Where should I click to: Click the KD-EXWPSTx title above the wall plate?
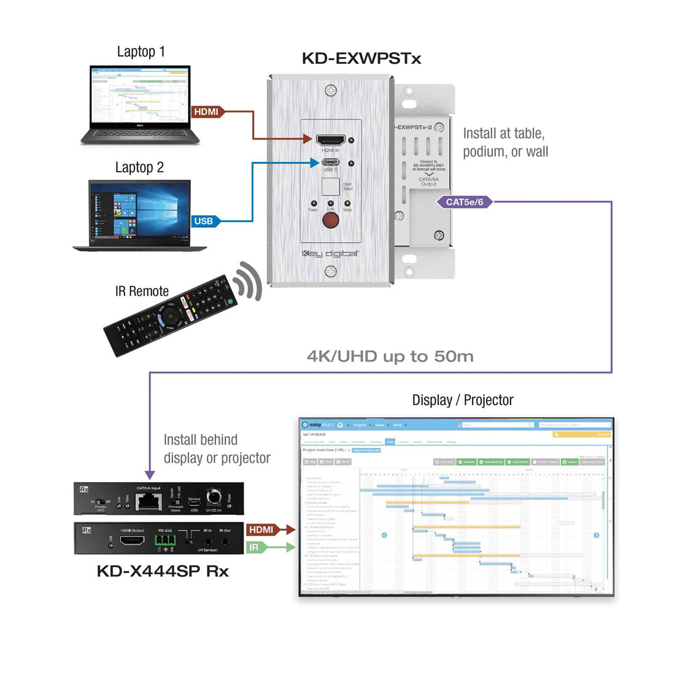pos(361,59)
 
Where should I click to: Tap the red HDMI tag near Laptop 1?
pos(206,112)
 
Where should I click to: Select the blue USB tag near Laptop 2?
pos(203,221)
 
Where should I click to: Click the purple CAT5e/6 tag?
pos(465,202)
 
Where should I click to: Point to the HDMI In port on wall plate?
pos(330,140)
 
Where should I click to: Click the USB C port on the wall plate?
pos(330,163)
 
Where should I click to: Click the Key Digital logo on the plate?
pos(330,253)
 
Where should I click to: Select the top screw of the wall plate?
pos(331,91)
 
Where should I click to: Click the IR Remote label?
pos(142,291)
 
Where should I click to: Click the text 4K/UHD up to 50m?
pos(390,356)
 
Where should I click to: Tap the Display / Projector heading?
pos(463,400)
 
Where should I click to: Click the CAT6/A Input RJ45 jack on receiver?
pos(147,501)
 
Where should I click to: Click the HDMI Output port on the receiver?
pos(131,541)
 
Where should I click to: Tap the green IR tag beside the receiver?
pos(255,547)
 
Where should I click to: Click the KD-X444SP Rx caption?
pos(163,571)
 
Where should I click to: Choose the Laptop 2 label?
pos(139,168)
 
